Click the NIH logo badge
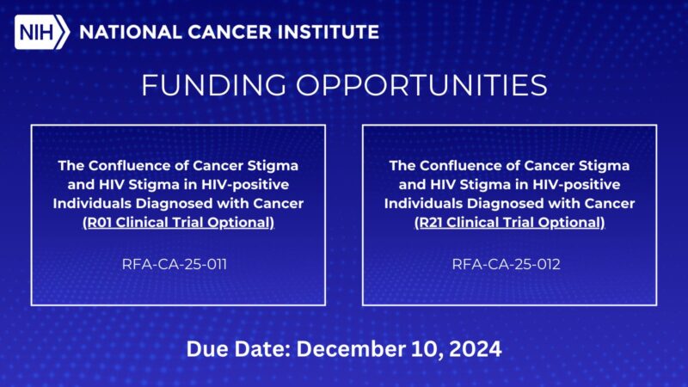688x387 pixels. (42, 33)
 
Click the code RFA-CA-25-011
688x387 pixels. (178, 264)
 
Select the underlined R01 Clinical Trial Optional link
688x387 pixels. (178, 223)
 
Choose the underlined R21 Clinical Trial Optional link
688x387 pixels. (509, 223)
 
